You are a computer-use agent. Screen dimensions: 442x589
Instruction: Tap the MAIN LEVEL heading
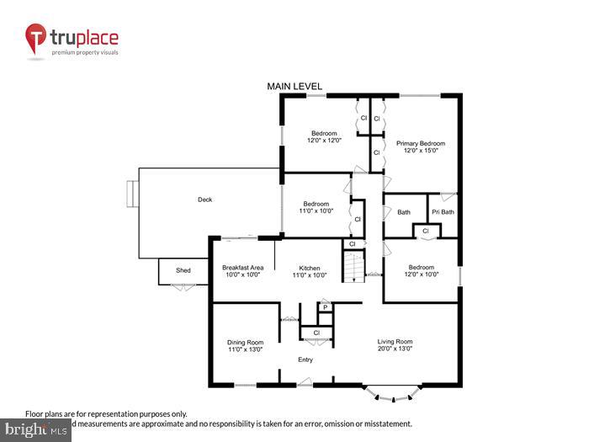click(x=294, y=87)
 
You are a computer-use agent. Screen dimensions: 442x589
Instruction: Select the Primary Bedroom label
click(x=421, y=144)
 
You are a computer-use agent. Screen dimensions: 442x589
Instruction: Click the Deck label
click(x=204, y=200)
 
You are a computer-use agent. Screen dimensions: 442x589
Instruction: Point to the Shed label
click(x=183, y=270)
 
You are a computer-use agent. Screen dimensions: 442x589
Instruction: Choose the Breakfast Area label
click(x=242, y=268)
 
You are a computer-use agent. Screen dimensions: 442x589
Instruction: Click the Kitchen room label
click(x=309, y=268)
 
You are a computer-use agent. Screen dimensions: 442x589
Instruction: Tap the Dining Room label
click(x=245, y=342)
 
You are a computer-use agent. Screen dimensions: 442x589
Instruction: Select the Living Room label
click(x=395, y=341)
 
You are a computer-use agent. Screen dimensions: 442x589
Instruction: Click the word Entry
click(x=305, y=360)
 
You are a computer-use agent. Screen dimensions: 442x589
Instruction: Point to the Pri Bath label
click(x=443, y=212)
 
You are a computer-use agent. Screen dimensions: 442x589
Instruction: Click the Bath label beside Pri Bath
click(x=404, y=212)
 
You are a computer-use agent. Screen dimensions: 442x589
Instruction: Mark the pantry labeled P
click(x=325, y=308)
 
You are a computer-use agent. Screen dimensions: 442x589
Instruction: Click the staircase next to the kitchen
click(x=353, y=267)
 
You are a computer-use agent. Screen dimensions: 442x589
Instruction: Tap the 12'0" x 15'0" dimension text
click(x=421, y=152)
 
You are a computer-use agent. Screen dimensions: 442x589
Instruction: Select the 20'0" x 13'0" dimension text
click(x=395, y=349)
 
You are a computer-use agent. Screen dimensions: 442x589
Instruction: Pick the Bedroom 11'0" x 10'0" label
click(x=316, y=204)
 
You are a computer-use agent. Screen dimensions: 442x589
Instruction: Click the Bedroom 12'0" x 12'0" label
click(x=324, y=134)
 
